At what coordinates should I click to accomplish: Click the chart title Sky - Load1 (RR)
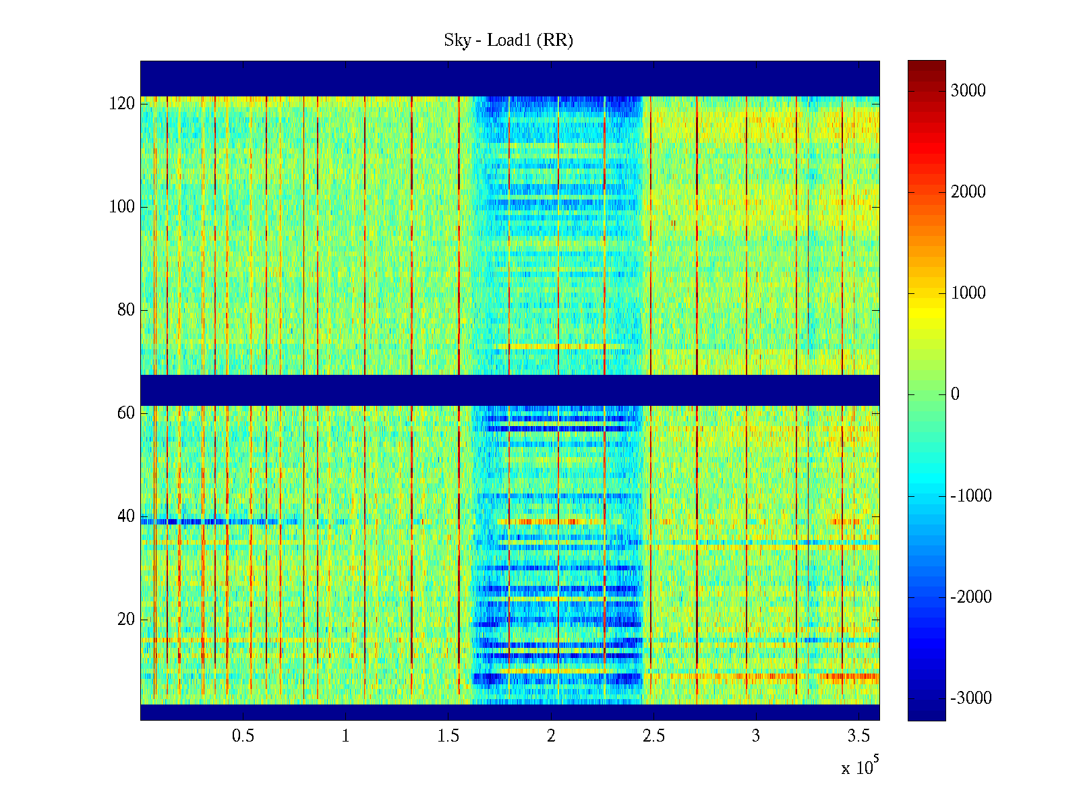[x=508, y=40]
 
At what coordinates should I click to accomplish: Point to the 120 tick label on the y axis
[x=122, y=104]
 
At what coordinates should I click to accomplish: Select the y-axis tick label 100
[x=122, y=207]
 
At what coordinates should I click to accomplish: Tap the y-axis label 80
[x=126, y=310]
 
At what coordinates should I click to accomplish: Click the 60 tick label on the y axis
[x=126, y=413]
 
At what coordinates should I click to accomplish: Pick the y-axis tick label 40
[x=126, y=516]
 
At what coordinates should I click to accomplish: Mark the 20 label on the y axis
[x=126, y=620]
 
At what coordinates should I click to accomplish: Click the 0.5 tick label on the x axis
[x=243, y=736]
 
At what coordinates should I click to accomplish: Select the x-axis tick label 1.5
[x=448, y=736]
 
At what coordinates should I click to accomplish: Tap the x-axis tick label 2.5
[x=653, y=736]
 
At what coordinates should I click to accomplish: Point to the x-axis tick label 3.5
[x=858, y=736]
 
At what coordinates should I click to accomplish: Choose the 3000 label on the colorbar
[x=968, y=91]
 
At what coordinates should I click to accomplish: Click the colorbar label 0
[x=955, y=394]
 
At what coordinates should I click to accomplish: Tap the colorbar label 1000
[x=968, y=293]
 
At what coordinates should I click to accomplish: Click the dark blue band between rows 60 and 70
[x=510, y=390]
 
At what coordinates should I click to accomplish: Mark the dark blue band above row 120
[x=510, y=78]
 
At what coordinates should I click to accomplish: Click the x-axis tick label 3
[x=756, y=736]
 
